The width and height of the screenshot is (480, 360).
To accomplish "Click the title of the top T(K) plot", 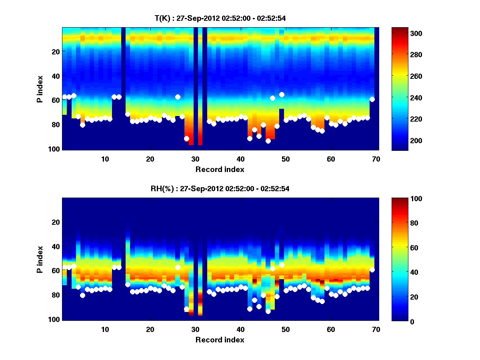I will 220,18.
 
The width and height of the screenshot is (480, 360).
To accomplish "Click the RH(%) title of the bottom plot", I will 220,189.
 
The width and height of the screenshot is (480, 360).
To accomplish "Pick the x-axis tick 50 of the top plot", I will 286,159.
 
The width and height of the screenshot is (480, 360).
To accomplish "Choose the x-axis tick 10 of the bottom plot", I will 105,330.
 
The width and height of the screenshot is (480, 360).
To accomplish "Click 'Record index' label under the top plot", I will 220,169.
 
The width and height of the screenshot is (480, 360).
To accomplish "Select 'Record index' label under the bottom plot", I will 220,340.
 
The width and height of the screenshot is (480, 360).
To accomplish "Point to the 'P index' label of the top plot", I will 40,88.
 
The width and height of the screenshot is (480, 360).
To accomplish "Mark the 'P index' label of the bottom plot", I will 40,259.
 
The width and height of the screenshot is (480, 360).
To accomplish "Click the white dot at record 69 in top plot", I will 372,99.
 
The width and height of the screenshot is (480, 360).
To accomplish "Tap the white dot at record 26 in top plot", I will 178,97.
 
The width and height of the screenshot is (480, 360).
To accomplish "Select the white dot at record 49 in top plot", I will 282,94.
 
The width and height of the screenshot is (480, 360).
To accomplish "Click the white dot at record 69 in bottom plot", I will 372,270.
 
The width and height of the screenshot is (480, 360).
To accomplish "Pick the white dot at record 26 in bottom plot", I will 178,267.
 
